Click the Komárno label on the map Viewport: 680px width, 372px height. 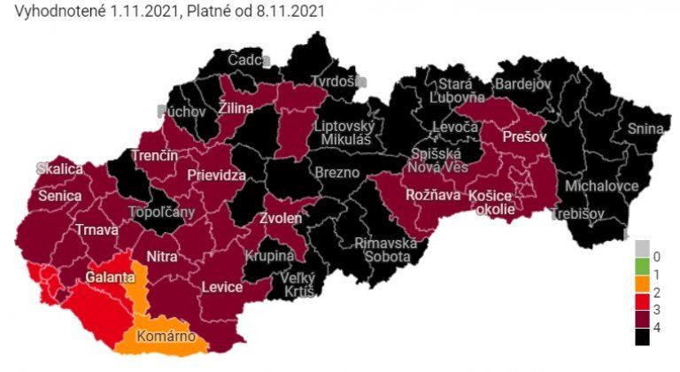tap(166, 337)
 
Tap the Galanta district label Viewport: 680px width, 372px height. tap(110, 278)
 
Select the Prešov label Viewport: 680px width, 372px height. tap(522, 137)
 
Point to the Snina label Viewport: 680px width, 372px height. tap(645, 128)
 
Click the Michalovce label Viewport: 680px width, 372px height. tap(601, 187)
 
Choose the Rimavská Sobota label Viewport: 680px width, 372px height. tap(385, 251)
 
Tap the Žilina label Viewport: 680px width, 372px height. tap(236, 108)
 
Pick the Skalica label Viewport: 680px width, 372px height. tap(59, 168)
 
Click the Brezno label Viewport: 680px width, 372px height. tap(337, 173)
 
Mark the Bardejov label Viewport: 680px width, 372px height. tap(522, 83)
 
